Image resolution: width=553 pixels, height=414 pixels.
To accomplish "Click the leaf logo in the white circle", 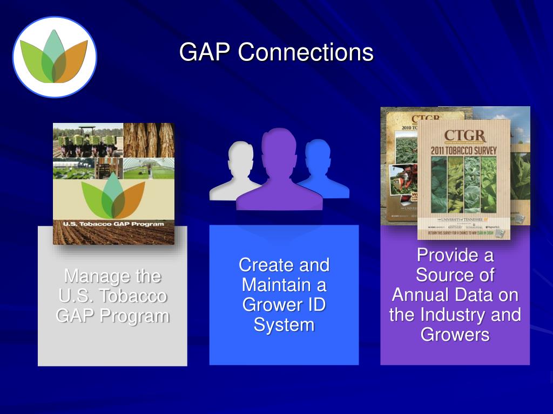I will (54, 57).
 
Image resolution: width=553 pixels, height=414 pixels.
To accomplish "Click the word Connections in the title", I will (306, 52).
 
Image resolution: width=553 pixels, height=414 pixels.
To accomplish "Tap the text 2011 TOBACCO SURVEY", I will (464, 150).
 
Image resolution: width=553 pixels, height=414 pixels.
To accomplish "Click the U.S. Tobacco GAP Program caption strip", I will (113, 223).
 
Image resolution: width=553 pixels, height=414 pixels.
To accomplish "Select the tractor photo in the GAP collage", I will (87, 140).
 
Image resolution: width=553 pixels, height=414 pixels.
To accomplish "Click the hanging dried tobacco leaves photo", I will (149, 140).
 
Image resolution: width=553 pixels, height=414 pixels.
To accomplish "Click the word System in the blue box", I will (284, 325).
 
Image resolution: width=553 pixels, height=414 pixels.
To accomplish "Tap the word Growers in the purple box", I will (455, 334).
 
